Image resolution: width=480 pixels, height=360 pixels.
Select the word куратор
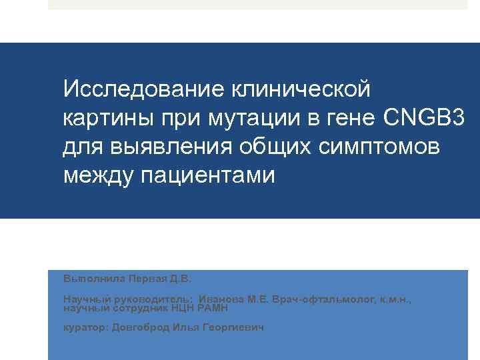(85, 328)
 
